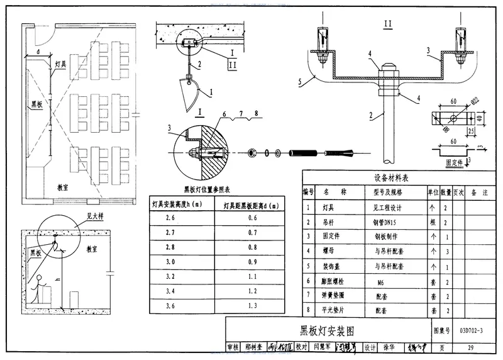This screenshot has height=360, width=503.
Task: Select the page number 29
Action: coord(471,347)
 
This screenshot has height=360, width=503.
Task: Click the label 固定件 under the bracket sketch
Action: coord(454,162)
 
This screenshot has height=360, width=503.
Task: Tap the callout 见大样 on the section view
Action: coord(94,216)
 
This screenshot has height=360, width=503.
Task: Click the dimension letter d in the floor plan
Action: coord(38,51)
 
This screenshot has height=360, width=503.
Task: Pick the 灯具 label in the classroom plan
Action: coord(60,64)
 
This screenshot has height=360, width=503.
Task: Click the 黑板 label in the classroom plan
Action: coord(36,104)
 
